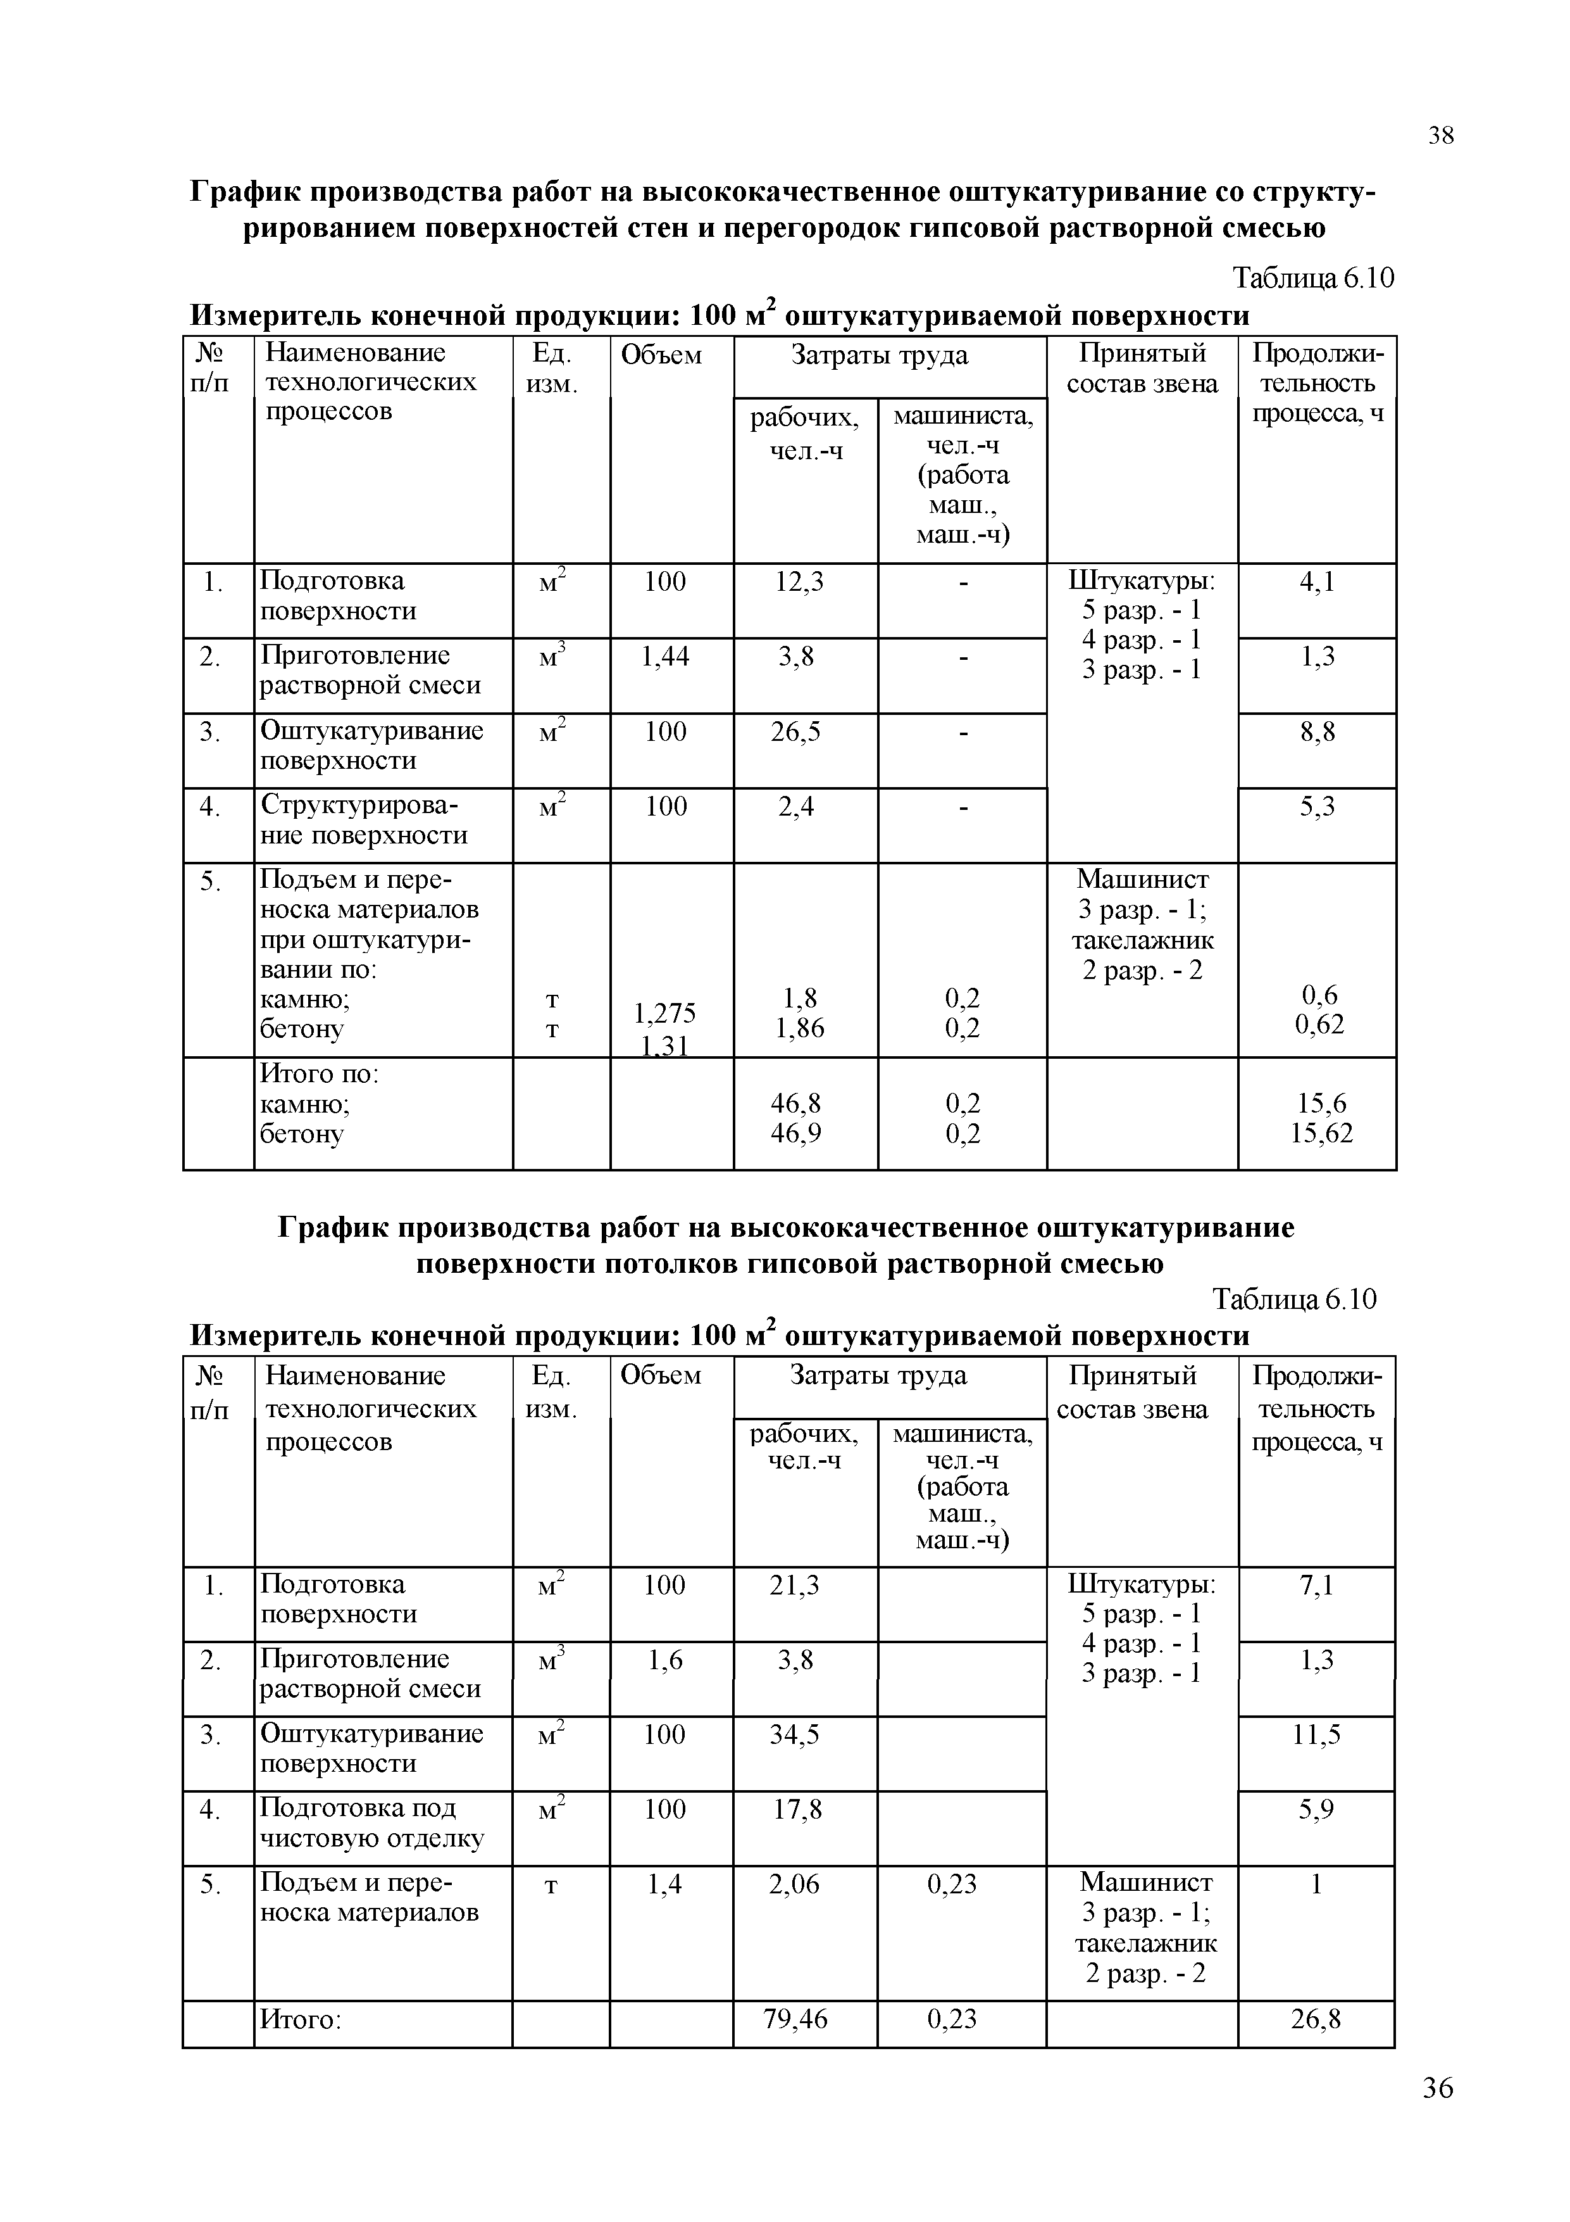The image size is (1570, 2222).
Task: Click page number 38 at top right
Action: (1440, 136)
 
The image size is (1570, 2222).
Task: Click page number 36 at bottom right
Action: (1438, 2116)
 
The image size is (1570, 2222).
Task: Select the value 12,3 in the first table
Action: (799, 582)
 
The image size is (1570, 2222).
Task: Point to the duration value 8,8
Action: (1318, 731)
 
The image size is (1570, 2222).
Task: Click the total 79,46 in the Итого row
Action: (795, 2018)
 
